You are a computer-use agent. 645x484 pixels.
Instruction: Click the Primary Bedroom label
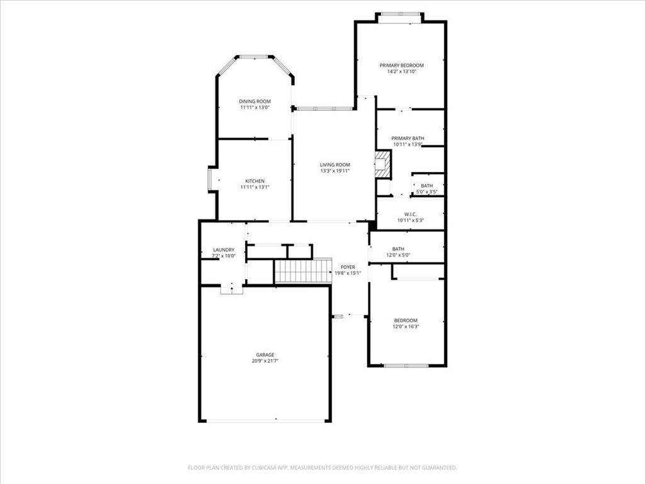pyautogui.click(x=401, y=66)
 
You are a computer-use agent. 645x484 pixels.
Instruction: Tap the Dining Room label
pyautogui.click(x=255, y=101)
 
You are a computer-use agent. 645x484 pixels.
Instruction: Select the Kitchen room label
pyautogui.click(x=255, y=181)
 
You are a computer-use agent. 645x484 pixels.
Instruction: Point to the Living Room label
pyautogui.click(x=335, y=165)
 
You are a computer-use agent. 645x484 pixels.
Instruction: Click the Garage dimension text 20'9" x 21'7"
pyautogui.click(x=265, y=361)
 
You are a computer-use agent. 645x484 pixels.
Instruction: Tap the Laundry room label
pyautogui.click(x=224, y=250)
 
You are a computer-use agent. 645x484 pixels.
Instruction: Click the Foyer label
pyautogui.click(x=348, y=267)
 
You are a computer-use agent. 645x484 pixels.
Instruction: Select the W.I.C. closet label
pyautogui.click(x=411, y=214)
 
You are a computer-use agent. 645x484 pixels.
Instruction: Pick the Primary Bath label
pyautogui.click(x=408, y=139)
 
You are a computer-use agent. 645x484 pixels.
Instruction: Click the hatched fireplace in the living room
pyautogui.click(x=382, y=164)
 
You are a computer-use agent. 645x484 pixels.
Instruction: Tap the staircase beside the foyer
pyautogui.click(x=303, y=270)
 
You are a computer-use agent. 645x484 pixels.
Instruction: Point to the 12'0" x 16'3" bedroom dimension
pyautogui.click(x=406, y=327)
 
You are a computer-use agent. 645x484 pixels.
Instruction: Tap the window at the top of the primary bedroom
pyautogui.click(x=399, y=14)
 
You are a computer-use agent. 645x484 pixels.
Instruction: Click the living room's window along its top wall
pyautogui.click(x=324, y=109)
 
